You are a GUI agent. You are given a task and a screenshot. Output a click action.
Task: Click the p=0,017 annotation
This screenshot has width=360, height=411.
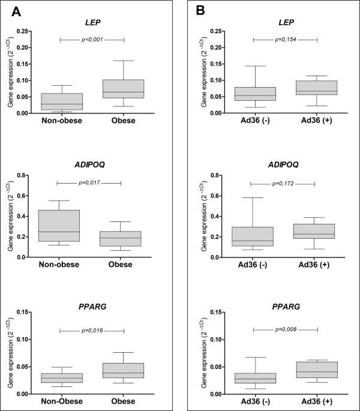click(x=89, y=183)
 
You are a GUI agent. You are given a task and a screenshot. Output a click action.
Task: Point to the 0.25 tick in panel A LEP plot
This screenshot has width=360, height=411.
click(x=22, y=31)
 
